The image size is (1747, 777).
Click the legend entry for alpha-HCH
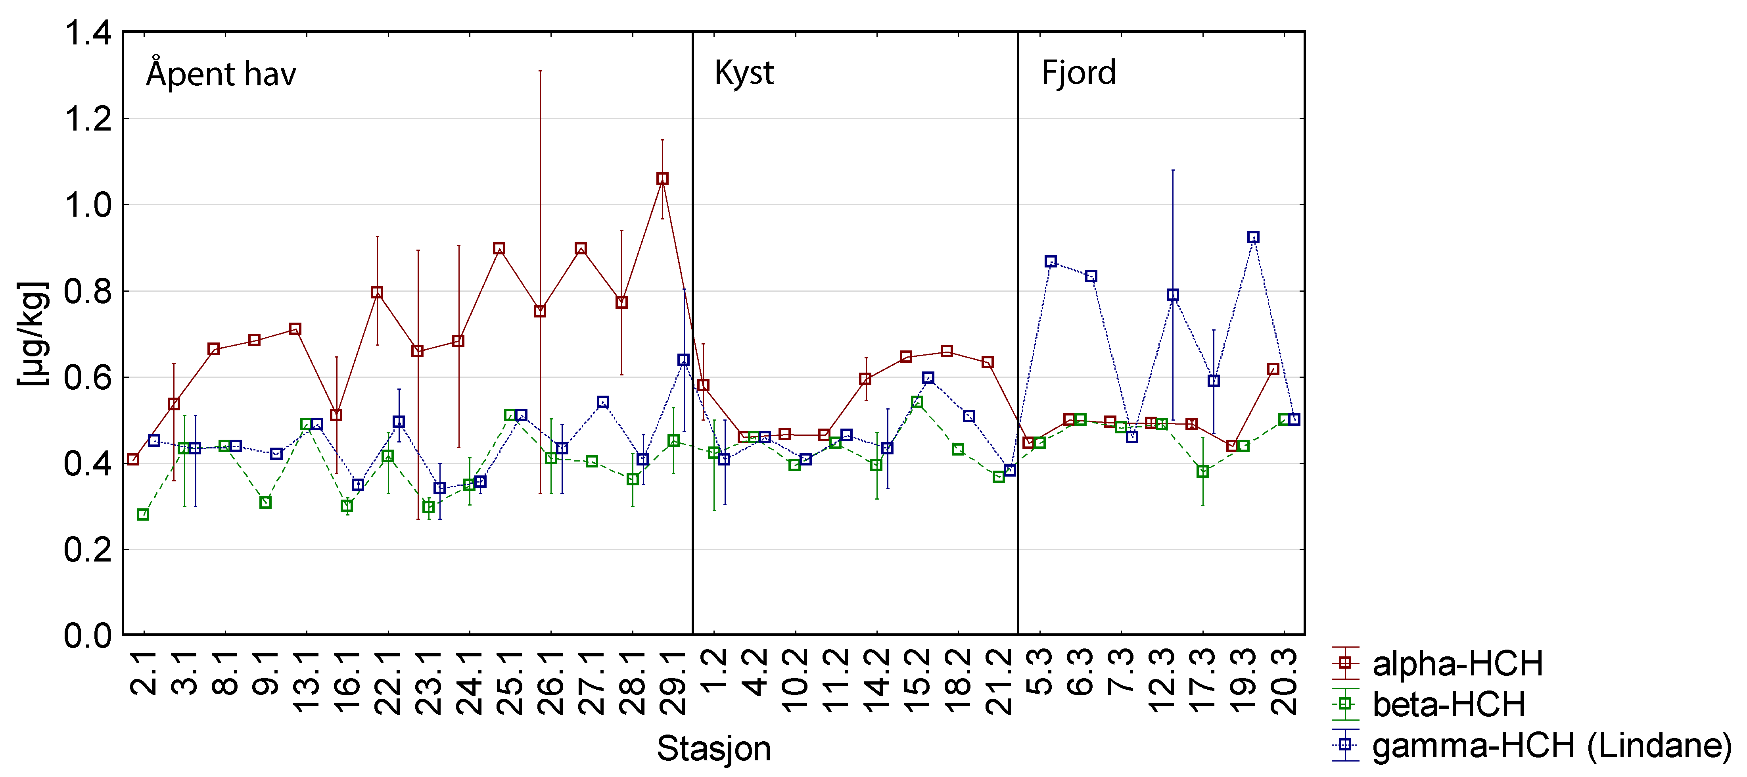point(1457,664)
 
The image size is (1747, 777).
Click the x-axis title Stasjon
point(713,748)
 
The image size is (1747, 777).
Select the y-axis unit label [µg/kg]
point(33,333)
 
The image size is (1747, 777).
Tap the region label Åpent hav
point(221,73)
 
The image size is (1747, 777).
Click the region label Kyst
point(744,73)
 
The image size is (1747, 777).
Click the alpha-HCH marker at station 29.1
point(663,179)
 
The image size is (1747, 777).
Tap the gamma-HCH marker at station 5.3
point(1051,261)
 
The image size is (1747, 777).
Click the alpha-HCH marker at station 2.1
point(133,460)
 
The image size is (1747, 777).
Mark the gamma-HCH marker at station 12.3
point(1173,294)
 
